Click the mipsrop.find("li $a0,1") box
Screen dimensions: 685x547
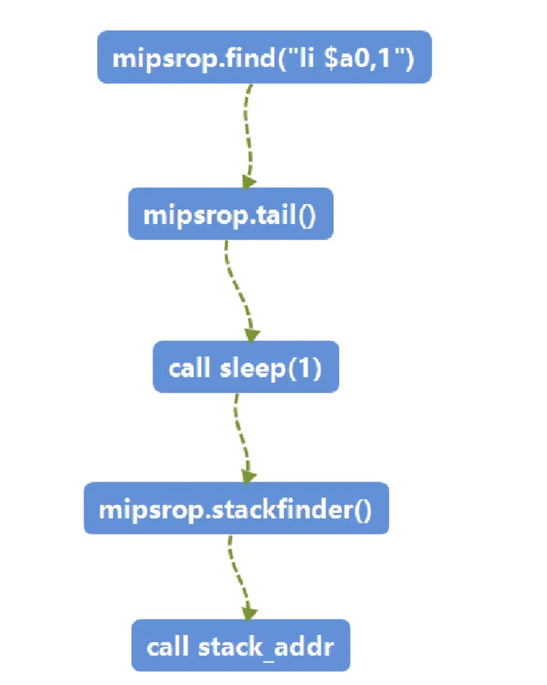[264, 57]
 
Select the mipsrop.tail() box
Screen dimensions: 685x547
[230, 214]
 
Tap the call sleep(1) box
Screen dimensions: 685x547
[245, 367]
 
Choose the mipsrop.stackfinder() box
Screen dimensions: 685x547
[236, 508]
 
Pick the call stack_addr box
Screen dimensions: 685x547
[240, 646]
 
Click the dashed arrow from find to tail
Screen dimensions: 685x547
[247, 132]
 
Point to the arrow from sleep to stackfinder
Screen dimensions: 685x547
[241, 434]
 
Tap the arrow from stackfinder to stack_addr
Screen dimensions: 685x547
[238, 574]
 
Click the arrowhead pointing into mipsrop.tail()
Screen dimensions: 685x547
[248, 181]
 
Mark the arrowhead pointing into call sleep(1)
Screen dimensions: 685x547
[252, 335]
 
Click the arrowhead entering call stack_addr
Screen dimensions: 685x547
[249, 613]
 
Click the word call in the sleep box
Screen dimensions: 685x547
[189, 368]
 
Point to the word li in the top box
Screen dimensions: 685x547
[306, 57]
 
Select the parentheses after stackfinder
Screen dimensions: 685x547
[362, 509]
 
